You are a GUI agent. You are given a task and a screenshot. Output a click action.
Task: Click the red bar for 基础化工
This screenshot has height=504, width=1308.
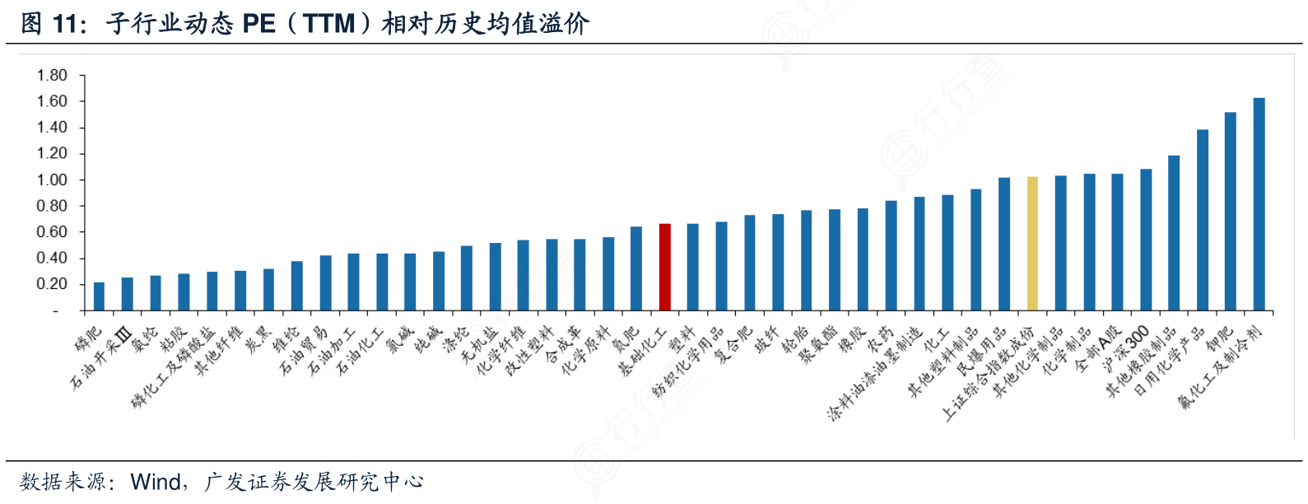click(664, 267)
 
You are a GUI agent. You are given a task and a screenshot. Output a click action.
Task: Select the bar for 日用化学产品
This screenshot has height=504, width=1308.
click(1202, 220)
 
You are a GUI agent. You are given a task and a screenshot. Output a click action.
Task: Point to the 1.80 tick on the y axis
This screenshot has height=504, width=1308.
click(52, 75)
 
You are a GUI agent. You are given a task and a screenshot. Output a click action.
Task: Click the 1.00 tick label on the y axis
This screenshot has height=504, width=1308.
click(52, 180)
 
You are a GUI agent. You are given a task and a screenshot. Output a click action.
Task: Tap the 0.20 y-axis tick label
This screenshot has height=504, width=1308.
click(52, 284)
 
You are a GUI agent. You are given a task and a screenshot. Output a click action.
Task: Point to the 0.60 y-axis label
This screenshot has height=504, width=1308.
click(52, 232)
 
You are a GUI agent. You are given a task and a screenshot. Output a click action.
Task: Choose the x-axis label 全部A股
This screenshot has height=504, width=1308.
click(1099, 348)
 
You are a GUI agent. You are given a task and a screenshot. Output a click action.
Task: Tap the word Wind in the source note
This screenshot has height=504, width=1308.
click(156, 482)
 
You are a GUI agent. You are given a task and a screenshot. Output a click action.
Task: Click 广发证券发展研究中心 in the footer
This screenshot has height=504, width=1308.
click(314, 482)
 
